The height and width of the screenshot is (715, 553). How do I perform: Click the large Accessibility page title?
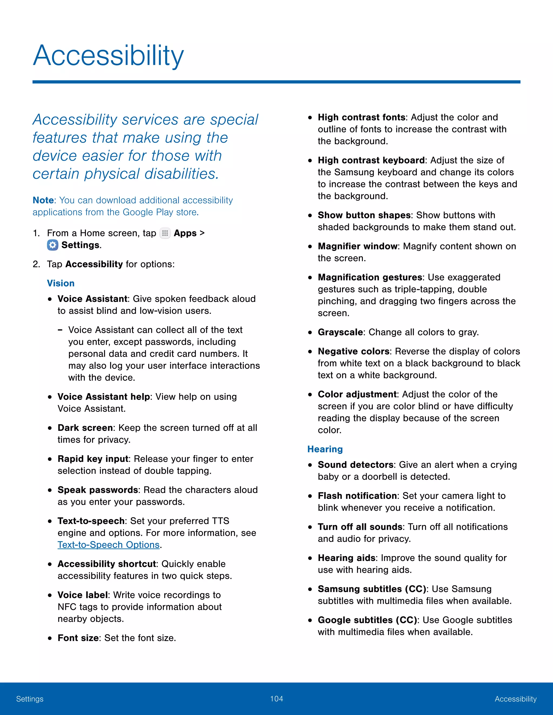(108, 56)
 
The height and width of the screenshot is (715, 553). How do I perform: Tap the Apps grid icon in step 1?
(165, 233)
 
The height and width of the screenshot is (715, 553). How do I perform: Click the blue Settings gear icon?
(52, 245)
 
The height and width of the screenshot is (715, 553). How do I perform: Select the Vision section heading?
(60, 283)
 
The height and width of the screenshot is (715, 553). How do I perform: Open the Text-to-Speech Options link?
(109, 545)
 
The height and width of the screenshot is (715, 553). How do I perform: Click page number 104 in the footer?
(276, 699)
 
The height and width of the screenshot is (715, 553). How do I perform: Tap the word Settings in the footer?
(30, 699)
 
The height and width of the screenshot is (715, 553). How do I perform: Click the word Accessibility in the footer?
(515, 699)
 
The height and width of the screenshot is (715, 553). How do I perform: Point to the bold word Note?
(43, 200)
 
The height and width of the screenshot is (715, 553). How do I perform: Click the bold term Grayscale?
(340, 332)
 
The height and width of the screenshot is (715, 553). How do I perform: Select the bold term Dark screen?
(85, 428)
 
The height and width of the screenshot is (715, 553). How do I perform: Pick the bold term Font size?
(78, 638)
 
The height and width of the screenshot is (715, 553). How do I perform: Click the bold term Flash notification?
(357, 496)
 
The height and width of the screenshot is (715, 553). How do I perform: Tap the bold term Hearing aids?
(347, 558)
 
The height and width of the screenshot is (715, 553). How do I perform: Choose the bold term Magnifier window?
(358, 246)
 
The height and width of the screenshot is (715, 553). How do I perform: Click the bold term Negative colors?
(353, 351)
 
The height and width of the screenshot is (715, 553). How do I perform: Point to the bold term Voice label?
(83, 595)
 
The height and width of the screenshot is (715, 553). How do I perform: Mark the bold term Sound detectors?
(355, 465)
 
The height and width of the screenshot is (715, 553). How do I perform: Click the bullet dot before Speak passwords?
(50, 491)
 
